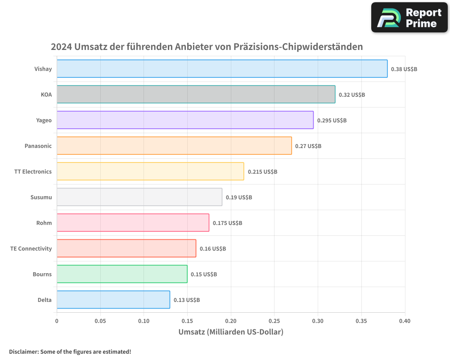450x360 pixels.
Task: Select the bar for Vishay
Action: (x=222, y=69)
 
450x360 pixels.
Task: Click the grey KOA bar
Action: (x=196, y=94)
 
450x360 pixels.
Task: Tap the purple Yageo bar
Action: (x=185, y=120)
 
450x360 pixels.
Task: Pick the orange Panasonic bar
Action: (x=174, y=146)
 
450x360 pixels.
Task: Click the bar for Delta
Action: (x=113, y=300)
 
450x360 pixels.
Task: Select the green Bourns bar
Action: (x=122, y=274)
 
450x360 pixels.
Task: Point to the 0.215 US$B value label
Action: (x=262, y=171)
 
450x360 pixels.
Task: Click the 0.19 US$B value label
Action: (x=238, y=197)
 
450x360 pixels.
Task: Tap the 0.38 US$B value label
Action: (x=404, y=69)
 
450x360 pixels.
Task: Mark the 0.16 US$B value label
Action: (x=212, y=248)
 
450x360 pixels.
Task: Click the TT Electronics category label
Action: (x=33, y=171)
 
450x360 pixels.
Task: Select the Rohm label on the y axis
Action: (x=44, y=223)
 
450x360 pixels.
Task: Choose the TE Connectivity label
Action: (x=31, y=248)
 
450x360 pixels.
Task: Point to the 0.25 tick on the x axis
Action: (x=274, y=321)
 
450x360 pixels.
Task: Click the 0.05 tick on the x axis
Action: (x=100, y=321)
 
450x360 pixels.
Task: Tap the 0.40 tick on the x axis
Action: (x=405, y=321)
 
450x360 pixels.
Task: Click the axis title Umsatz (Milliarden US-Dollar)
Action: (x=231, y=333)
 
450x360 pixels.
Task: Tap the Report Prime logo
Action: (x=409, y=18)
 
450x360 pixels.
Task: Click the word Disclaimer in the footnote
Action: (x=23, y=351)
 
